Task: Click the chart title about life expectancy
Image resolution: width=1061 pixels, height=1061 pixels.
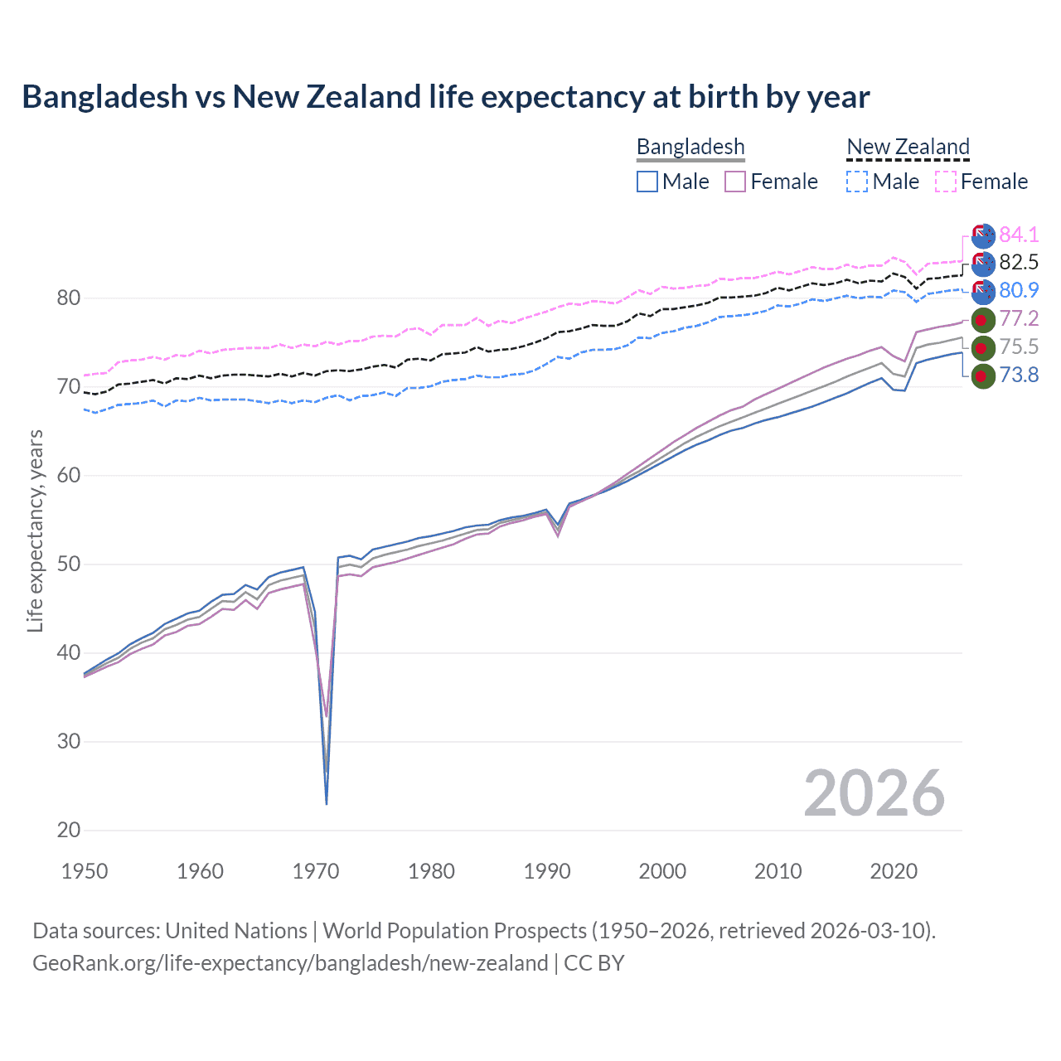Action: [x=446, y=97]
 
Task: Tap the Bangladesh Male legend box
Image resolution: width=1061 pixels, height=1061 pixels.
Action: [x=647, y=182]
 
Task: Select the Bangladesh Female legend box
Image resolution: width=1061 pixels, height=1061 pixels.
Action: [x=735, y=182]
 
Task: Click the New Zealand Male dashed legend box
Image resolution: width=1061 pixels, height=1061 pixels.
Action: [x=857, y=182]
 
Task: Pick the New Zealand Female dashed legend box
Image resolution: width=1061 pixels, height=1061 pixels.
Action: [x=946, y=182]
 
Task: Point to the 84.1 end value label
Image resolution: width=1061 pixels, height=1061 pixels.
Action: [x=1019, y=235]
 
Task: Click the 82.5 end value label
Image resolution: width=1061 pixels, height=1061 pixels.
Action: [x=1019, y=263]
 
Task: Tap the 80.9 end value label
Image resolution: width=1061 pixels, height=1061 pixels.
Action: [x=1019, y=290]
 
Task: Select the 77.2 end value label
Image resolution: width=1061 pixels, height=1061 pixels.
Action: [x=1019, y=319]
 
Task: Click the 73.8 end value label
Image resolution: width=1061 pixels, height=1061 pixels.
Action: [x=1019, y=375]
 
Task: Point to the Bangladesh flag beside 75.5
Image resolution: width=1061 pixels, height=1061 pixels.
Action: [x=982, y=347]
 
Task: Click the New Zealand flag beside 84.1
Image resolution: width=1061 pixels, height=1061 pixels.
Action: [x=982, y=235]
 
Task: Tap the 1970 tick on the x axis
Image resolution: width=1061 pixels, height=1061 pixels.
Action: [x=316, y=871]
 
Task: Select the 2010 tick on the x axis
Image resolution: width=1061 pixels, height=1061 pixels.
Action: [x=778, y=871]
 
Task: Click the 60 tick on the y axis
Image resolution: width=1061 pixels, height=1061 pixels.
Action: [x=69, y=475]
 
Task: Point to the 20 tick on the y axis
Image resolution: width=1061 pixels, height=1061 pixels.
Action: [x=69, y=830]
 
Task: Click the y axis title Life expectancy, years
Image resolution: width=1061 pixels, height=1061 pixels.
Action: [x=35, y=531]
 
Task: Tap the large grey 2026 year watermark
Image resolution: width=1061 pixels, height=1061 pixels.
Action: [x=874, y=794]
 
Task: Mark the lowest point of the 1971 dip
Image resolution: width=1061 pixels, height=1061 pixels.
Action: [x=327, y=803]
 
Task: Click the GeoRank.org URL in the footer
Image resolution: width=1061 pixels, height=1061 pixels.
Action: [x=290, y=963]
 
